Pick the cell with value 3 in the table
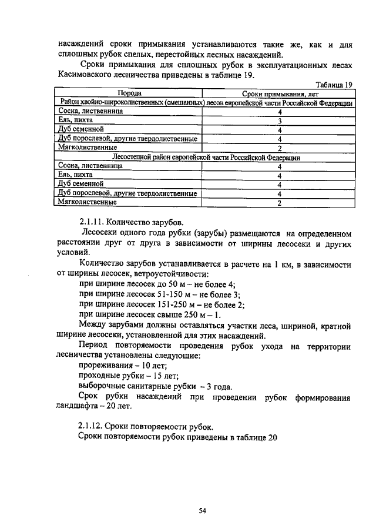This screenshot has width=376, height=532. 280,121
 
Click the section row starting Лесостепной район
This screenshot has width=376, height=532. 205,157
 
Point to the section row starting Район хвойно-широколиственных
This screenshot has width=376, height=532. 205,102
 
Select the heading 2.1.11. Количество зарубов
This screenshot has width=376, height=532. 132,222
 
